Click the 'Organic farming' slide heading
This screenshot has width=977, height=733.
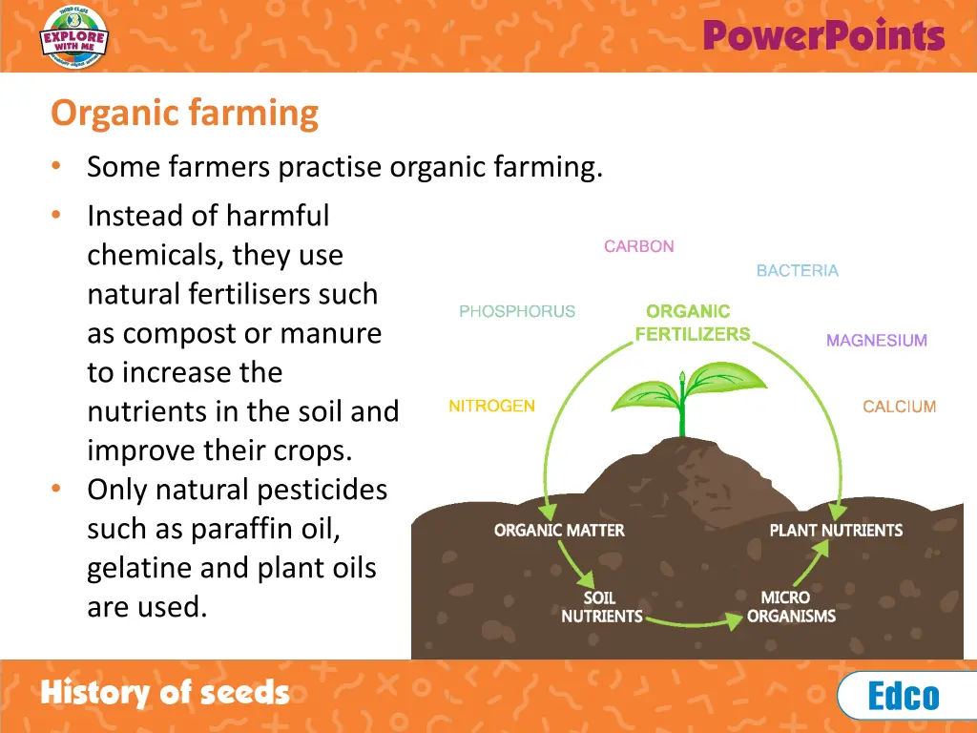click(184, 114)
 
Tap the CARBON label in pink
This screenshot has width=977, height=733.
click(638, 246)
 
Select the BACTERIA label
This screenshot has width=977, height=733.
click(797, 271)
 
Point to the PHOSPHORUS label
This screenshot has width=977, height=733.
click(517, 311)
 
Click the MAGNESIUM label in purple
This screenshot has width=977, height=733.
click(876, 341)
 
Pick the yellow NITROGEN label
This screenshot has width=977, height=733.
click(491, 407)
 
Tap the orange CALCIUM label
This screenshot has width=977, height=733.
click(899, 408)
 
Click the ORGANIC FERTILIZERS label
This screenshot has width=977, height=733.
click(692, 323)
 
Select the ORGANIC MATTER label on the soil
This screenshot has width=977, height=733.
click(559, 531)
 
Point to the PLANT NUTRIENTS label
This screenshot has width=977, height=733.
click(836, 531)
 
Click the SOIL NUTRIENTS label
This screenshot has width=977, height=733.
click(601, 607)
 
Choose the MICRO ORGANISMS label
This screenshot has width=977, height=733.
click(791, 607)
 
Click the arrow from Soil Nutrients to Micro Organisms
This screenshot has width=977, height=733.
click(695, 623)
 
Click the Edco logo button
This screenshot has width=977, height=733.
click(904, 696)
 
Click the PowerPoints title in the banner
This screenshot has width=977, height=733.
click(823, 36)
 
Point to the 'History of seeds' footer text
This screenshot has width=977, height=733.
click(164, 693)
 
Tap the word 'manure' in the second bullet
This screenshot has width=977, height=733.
click(334, 334)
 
